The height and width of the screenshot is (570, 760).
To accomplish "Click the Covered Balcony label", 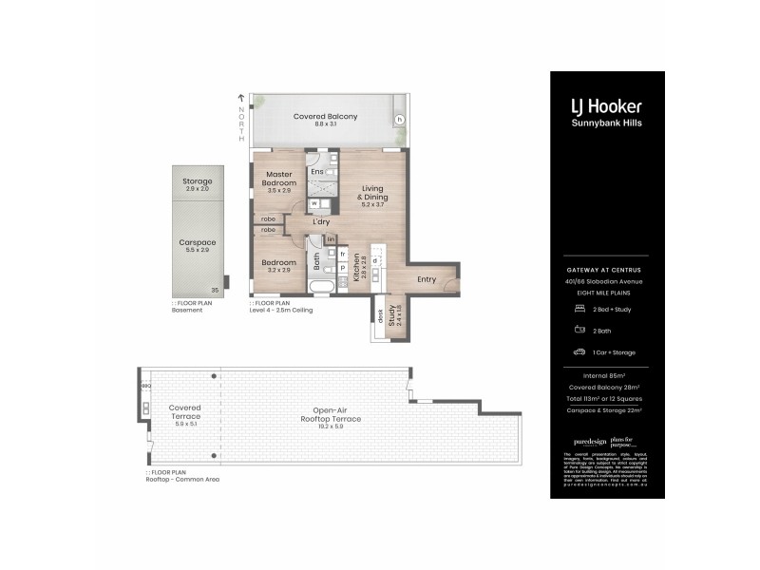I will tap(325, 117).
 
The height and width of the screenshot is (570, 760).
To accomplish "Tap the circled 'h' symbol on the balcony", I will tap(399, 119).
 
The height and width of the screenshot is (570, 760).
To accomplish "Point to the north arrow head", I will tap(241, 97).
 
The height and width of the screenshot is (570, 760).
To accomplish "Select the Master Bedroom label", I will tap(277, 179).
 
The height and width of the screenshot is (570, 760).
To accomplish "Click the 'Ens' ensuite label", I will tap(317, 171).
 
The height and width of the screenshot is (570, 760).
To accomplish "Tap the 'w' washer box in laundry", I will tap(313, 203).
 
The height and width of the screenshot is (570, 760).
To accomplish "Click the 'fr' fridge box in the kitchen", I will tap(342, 254).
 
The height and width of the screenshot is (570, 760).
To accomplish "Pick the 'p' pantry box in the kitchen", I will tap(342, 268).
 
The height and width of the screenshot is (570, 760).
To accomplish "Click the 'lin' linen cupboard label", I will tap(331, 239).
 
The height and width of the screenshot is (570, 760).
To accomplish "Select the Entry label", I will tap(427, 278).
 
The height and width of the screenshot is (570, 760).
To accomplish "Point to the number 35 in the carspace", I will tap(215, 290).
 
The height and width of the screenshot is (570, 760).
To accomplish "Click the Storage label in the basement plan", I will tap(198, 181).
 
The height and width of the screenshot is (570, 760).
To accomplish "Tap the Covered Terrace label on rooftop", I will tap(184, 411).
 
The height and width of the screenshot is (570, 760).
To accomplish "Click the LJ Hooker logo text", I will tap(606, 106).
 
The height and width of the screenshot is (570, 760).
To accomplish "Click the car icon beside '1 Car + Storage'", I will tap(579, 351).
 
